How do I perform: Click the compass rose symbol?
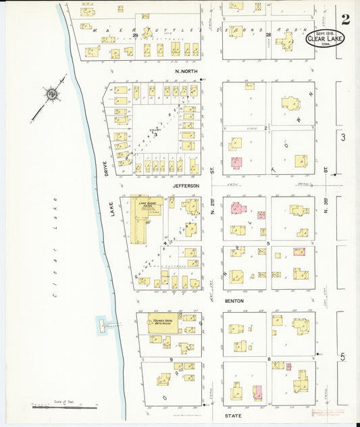pyautogui.click(x=51, y=94)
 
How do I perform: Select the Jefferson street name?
pyautogui.click(x=186, y=184)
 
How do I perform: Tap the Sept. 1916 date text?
pyautogui.click(x=324, y=32)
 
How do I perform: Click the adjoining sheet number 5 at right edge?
pyautogui.click(x=343, y=356)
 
